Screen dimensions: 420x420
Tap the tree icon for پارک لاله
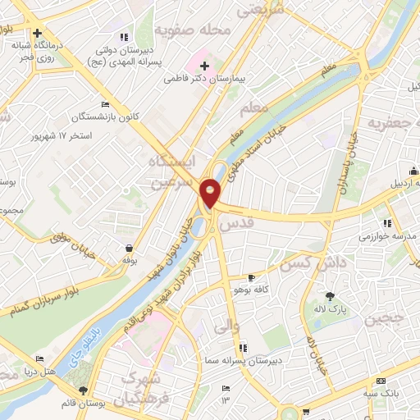click(x=331, y=296)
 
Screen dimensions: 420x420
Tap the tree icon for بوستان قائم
click(x=82, y=390)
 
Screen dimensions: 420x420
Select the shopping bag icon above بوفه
click(x=129, y=247)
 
